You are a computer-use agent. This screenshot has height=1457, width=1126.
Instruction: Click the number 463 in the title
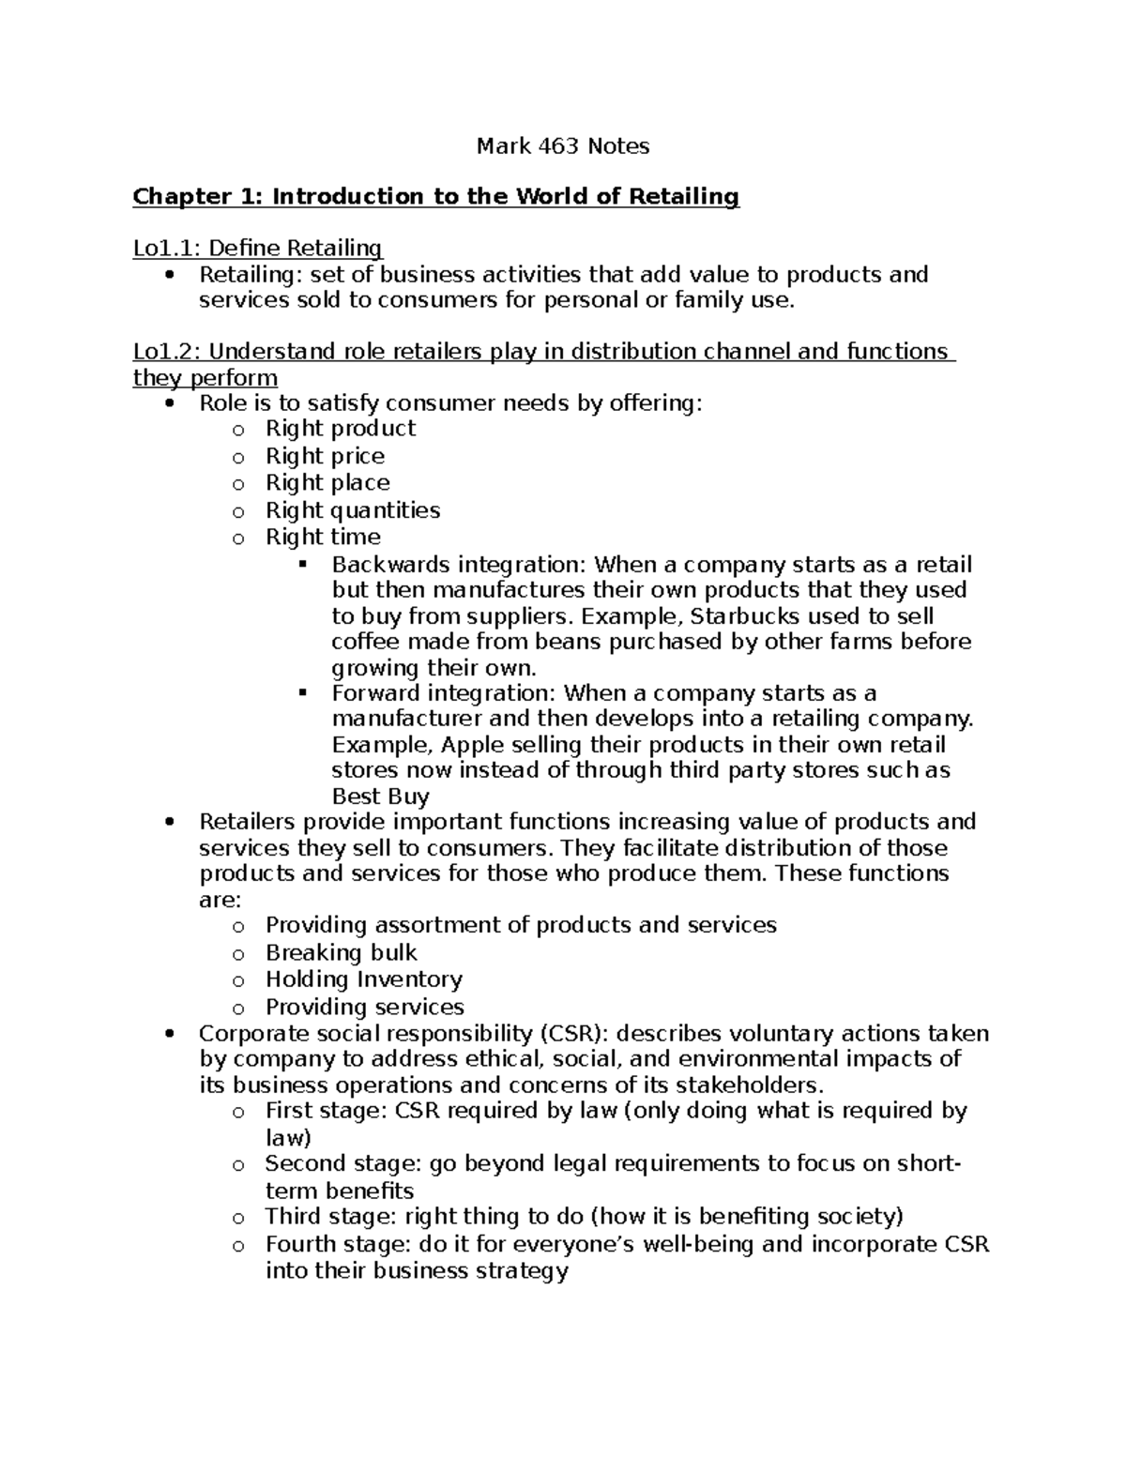(559, 146)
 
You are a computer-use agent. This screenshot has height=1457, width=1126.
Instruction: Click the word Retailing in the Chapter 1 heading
(683, 197)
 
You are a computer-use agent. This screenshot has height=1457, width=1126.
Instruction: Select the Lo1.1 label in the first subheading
(166, 249)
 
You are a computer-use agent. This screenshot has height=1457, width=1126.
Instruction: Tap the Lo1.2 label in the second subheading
(166, 352)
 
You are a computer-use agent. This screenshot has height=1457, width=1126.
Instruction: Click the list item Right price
(325, 457)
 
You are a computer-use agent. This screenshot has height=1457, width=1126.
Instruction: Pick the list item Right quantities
(353, 511)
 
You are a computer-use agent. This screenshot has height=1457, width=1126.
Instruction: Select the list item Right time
(323, 538)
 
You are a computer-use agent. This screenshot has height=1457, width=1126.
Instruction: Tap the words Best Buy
(380, 797)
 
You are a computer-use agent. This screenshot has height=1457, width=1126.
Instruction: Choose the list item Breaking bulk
(341, 953)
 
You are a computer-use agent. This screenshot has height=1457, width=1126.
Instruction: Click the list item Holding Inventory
(363, 979)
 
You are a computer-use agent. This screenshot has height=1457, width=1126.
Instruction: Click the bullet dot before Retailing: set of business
(169, 276)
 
